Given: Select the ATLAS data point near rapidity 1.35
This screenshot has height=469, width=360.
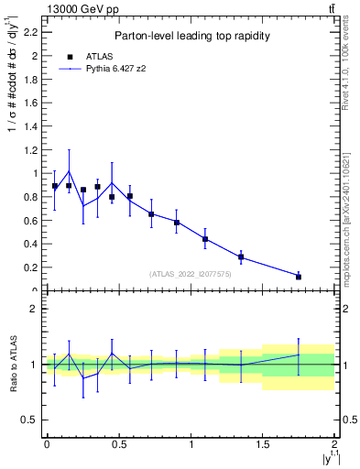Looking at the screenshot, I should coord(241,257).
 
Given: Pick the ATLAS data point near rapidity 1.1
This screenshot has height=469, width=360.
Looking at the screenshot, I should coord(205,239).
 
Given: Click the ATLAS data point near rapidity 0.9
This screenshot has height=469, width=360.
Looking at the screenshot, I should coord(177,223).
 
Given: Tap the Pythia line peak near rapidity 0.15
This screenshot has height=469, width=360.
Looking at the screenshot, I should coord(69,170).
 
